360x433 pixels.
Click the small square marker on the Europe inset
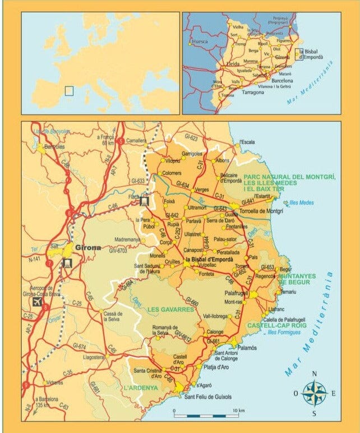[x=69, y=90]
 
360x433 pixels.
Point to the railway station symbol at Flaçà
[x=144, y=201]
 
